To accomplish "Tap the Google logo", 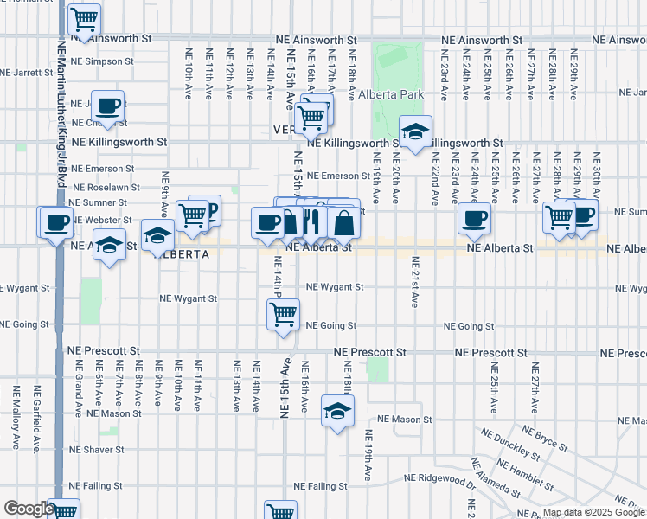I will pyautogui.click(x=28, y=509).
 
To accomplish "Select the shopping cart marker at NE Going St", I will pyautogui.click(x=283, y=316).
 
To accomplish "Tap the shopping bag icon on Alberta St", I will pyautogui.click(x=343, y=222).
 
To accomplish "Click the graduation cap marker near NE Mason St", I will pyautogui.click(x=337, y=411).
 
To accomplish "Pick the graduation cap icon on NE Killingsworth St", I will pyautogui.click(x=415, y=132).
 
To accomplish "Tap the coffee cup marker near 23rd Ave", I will pyautogui.click(x=473, y=219).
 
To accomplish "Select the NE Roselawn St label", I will pyautogui.click(x=106, y=187).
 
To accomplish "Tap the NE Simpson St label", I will pyautogui.click(x=102, y=62).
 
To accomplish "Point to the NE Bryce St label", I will pyautogui.click(x=541, y=439).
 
